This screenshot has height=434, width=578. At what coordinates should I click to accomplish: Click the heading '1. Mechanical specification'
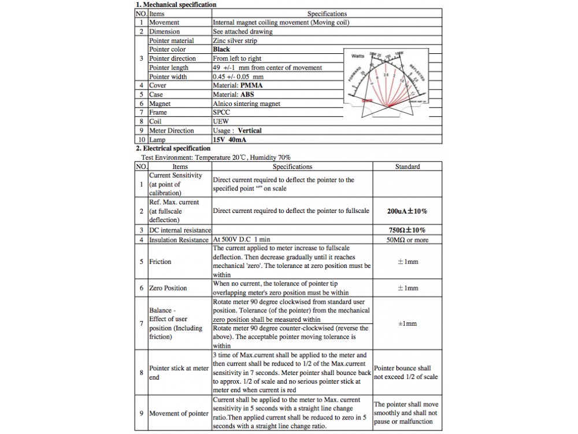click(x=176, y=5)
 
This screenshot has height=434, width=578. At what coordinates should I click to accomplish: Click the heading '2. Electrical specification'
click(x=173, y=149)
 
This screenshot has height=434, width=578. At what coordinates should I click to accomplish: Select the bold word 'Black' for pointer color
click(x=221, y=50)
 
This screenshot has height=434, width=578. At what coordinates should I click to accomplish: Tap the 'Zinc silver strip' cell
click(x=235, y=41)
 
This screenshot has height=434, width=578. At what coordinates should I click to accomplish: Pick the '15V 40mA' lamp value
click(x=229, y=140)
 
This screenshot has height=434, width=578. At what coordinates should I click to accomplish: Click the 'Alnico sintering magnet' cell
click(x=246, y=104)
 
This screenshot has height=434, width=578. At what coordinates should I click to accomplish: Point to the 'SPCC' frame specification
click(x=221, y=112)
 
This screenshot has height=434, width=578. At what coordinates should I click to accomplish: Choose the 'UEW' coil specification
click(x=220, y=122)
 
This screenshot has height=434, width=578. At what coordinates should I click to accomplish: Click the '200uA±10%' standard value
click(x=407, y=211)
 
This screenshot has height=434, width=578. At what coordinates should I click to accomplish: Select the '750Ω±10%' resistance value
click(x=407, y=230)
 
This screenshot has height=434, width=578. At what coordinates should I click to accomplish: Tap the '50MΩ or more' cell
click(x=407, y=240)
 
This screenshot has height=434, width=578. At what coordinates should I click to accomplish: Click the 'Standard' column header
click(x=407, y=167)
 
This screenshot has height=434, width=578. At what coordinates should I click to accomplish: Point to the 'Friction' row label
click(x=160, y=262)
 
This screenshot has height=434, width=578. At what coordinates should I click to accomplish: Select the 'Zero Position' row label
click(x=168, y=288)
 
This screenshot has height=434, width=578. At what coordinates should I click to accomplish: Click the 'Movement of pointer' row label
click(x=179, y=413)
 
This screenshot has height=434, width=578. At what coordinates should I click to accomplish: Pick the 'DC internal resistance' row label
click(x=180, y=230)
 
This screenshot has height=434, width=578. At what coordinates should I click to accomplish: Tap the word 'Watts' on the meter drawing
click(x=358, y=56)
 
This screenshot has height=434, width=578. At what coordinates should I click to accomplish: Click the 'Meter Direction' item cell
click(x=172, y=131)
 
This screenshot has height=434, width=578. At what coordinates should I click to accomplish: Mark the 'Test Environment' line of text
click(x=216, y=157)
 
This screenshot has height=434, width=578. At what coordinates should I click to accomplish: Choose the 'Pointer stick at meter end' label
click(x=179, y=373)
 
